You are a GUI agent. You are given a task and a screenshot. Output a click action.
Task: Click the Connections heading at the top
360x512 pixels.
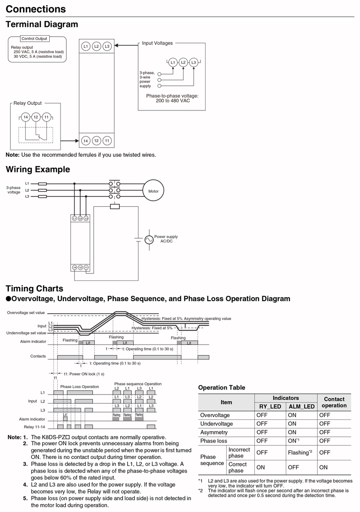point(36,9)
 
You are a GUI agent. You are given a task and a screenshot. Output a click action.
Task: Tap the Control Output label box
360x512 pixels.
point(34,39)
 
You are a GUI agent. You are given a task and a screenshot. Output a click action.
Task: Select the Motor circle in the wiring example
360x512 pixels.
point(153,191)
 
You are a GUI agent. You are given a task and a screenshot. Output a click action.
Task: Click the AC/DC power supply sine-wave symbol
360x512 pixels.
point(149,240)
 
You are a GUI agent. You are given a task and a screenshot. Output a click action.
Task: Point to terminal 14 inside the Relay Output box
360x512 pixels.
point(26,117)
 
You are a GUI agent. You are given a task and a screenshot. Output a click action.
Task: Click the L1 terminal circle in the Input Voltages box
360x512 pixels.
point(172,62)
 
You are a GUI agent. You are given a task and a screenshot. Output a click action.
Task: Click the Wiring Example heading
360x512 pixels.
point(38,170)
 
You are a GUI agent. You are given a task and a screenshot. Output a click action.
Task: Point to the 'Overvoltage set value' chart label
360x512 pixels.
point(26,312)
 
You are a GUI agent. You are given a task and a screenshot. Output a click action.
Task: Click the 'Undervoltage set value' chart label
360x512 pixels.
point(26,333)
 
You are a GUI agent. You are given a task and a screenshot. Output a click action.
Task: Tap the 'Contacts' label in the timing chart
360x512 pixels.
point(38,357)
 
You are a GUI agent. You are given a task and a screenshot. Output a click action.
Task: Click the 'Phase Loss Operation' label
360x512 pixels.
point(79,387)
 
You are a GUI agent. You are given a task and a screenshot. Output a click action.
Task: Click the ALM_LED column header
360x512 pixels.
point(301,406)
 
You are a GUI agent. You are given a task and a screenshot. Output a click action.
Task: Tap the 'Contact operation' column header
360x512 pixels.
point(334,402)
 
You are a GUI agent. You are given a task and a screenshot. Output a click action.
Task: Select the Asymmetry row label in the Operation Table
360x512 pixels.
point(214,432)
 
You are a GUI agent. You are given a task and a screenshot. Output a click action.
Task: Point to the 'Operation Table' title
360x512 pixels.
point(222,388)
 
